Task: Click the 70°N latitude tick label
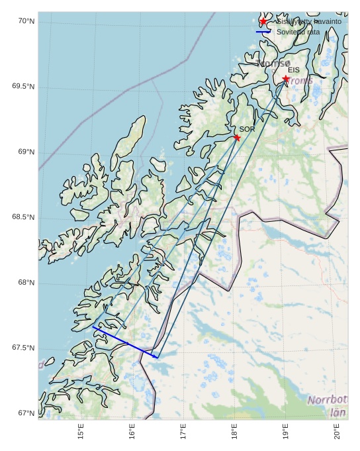click(x=26, y=22)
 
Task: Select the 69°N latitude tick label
click(x=26, y=152)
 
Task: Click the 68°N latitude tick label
click(x=26, y=283)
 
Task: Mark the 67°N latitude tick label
click(x=26, y=413)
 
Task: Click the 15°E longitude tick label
click(x=81, y=432)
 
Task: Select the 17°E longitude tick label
click(x=183, y=432)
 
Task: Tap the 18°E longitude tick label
click(x=234, y=432)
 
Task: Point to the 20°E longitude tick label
click(x=337, y=432)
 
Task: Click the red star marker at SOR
click(x=237, y=138)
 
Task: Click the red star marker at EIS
click(x=286, y=79)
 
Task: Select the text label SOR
click(x=247, y=129)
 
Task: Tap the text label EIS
click(x=294, y=70)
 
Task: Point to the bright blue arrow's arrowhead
click(x=156, y=357)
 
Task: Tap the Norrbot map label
click(x=327, y=400)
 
